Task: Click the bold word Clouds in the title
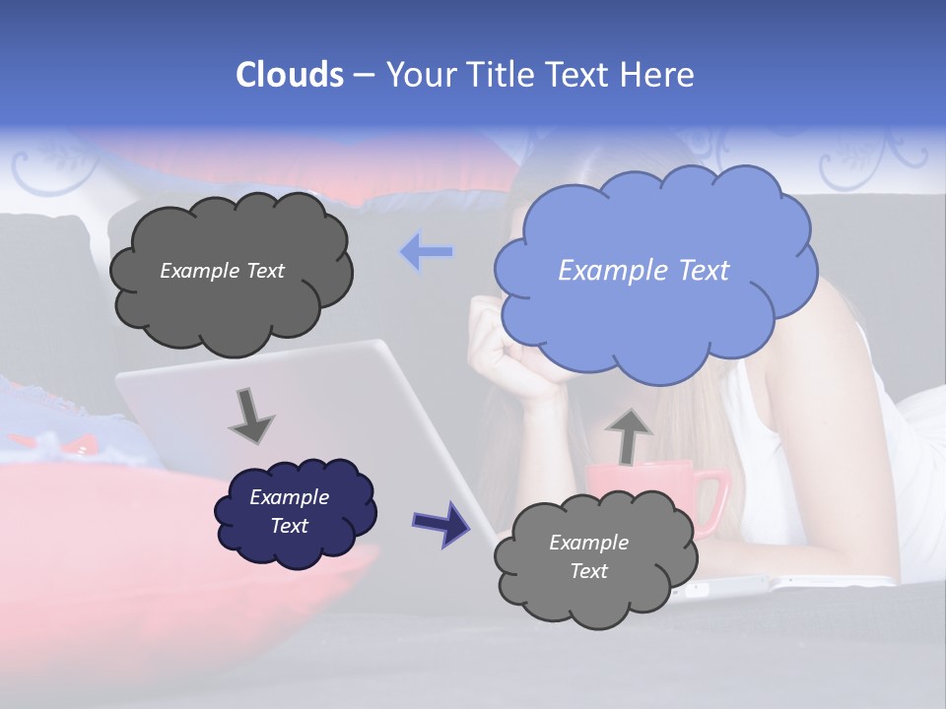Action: click(290, 75)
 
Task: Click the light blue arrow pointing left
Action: click(427, 253)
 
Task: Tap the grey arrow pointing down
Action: click(250, 416)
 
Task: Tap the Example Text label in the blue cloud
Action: click(643, 271)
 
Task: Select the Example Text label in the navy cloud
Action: click(289, 511)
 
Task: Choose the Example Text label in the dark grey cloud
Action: click(222, 271)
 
